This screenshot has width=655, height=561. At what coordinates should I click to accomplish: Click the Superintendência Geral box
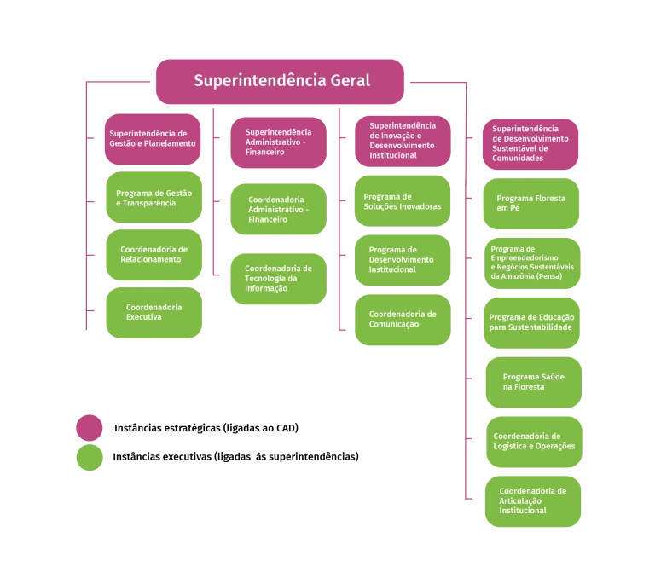281,82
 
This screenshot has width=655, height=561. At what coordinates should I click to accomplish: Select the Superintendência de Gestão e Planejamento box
153,139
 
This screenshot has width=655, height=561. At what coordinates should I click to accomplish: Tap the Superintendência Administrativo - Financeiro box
278,142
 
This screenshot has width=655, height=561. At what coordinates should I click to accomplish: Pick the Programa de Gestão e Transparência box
154,198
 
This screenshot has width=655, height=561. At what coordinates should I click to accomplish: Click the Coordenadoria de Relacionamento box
154,254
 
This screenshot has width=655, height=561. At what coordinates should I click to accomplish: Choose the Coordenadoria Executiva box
154,312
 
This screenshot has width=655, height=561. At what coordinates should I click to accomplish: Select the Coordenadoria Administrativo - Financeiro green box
278,210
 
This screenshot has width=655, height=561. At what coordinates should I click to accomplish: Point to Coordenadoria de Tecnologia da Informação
278,279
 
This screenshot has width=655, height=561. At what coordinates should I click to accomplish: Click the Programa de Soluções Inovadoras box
403,202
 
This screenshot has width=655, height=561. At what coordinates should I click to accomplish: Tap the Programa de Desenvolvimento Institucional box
403,260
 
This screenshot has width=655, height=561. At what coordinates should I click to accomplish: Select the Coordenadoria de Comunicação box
403,319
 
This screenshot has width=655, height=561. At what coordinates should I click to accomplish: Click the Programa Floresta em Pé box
530,204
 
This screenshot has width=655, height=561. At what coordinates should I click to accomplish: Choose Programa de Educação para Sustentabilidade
530,322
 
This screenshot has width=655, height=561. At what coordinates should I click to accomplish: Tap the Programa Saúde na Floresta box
534,382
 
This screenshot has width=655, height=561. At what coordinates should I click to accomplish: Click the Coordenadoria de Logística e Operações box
534,442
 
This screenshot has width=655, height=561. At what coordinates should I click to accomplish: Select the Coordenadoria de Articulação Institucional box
533,501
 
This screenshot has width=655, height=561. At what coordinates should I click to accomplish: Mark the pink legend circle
90,428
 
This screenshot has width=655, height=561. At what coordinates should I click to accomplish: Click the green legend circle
90,457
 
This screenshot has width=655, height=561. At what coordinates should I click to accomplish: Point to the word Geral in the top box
351,82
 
